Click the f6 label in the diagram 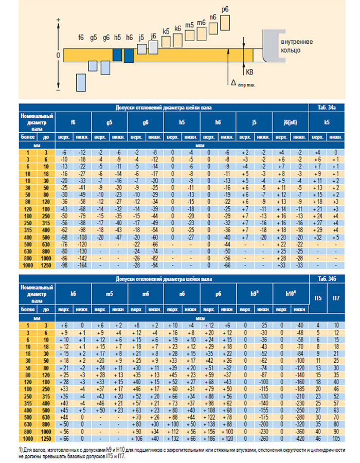tap(81, 38)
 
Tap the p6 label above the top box tap(224, 9)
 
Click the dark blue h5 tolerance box tap(117, 55)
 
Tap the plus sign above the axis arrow tap(58, 20)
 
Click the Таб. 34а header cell tap(327, 107)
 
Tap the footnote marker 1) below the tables tap(20, 451)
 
